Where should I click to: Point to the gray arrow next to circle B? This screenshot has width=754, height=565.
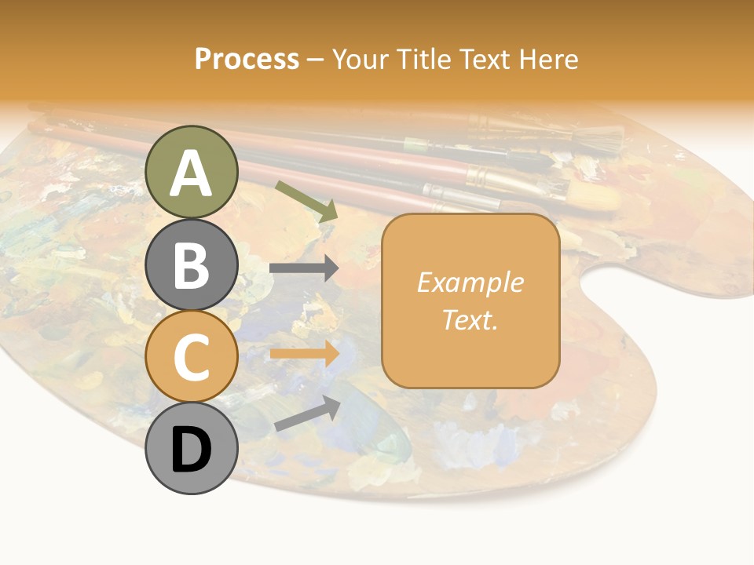coord(304,268)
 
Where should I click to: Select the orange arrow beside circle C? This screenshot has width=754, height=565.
coord(304,354)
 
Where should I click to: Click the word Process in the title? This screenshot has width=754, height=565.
coord(247,59)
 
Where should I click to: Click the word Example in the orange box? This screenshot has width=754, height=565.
coord(470,282)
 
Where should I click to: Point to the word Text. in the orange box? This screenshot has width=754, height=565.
coord(470,319)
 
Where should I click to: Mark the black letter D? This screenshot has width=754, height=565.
coord(191,450)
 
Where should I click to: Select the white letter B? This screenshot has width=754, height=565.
coord(191,265)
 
